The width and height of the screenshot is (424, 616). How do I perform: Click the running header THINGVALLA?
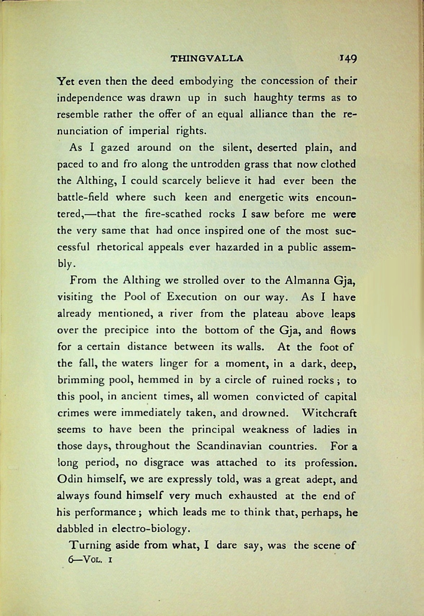(x=207, y=58)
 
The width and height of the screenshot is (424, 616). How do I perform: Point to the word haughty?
(x=275, y=98)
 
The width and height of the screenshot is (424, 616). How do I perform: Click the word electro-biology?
(x=150, y=529)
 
